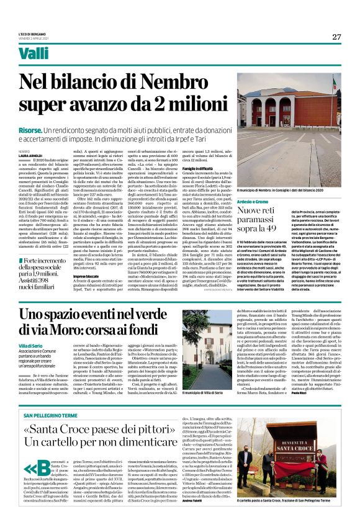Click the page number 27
[x=336, y=37]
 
